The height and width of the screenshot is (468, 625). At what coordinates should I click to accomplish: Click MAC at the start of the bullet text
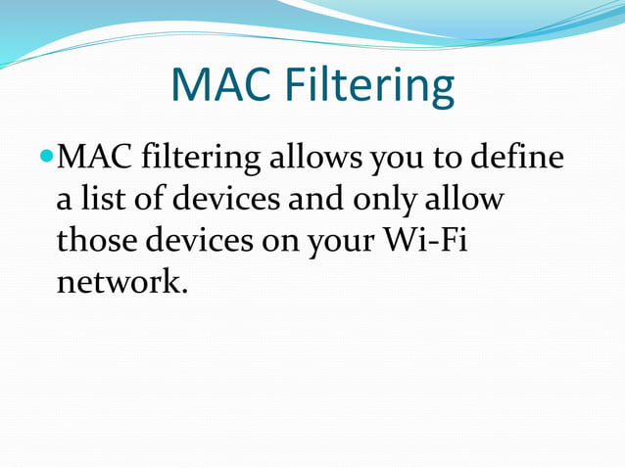pos(96,157)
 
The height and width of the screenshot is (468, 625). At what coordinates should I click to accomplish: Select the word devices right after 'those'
pos(199,241)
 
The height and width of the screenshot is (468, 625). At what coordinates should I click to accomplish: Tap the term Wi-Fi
pos(429,241)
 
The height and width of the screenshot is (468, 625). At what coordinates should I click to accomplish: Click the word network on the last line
pos(119,283)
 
